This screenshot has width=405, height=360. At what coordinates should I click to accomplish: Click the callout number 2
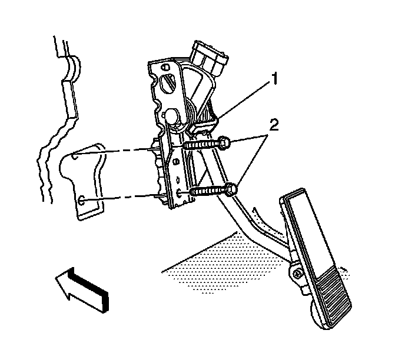[x=274, y=125]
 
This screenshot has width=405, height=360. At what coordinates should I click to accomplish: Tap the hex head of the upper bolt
[x=224, y=143]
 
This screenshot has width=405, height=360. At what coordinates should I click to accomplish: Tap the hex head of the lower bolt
[x=231, y=190]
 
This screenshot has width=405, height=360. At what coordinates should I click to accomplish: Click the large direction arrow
[x=82, y=289]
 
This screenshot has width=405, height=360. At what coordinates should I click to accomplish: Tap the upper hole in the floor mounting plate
[x=74, y=156]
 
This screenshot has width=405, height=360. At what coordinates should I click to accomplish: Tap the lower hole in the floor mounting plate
[x=81, y=201]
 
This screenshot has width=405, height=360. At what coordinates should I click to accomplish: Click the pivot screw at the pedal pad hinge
[x=297, y=274]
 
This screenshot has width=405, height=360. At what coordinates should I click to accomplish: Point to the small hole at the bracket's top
[x=165, y=68]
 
